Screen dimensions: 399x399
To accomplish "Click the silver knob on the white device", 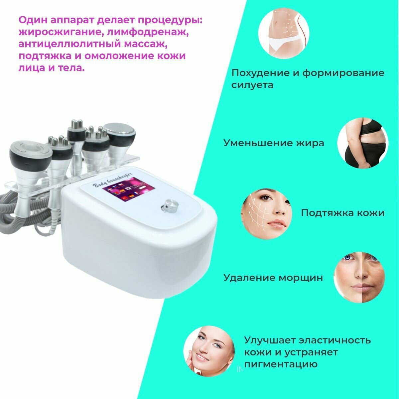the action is (x=170, y=205).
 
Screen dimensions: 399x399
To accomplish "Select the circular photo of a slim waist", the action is (x=284, y=33).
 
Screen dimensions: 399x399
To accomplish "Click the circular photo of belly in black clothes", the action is (x=363, y=143).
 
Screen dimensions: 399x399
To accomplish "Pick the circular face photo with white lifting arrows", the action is (x=266, y=213).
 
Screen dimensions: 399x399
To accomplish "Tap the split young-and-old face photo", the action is (x=359, y=277).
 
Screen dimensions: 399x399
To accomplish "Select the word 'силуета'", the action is (x=252, y=85).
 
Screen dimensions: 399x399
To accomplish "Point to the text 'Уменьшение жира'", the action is (x=274, y=143).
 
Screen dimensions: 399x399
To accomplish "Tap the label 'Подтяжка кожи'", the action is (x=343, y=213).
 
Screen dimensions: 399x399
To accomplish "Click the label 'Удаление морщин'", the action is (x=273, y=278).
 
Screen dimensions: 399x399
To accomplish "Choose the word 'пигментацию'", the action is (x=281, y=364).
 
